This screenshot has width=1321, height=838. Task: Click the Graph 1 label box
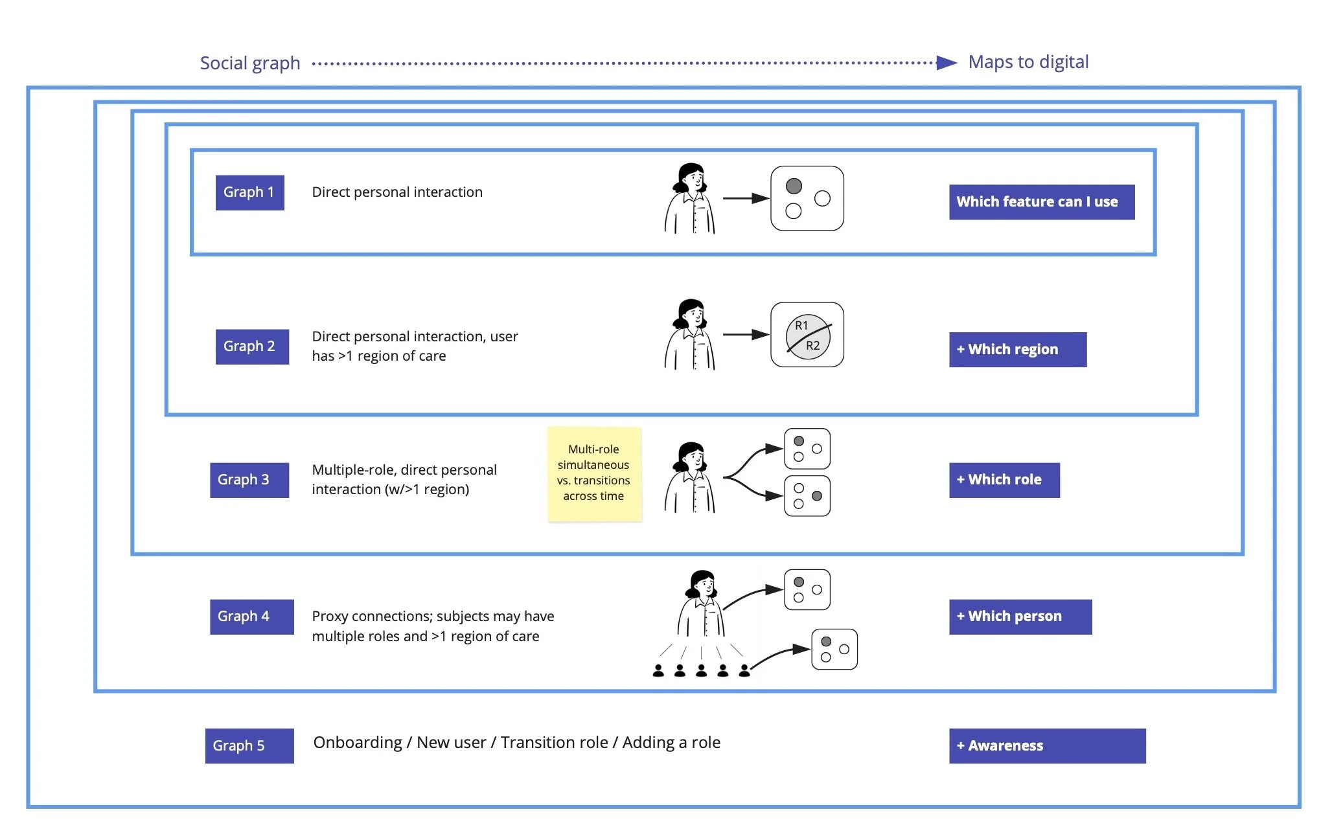coord(249,192)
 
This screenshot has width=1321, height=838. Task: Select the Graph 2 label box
coord(252,346)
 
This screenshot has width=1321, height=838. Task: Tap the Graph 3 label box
coord(249,480)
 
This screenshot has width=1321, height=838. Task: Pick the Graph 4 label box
coord(251,617)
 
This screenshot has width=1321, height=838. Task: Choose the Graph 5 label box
coord(249,746)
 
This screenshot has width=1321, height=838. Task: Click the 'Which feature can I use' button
coord(1042,202)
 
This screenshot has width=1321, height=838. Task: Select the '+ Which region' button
coord(1018,350)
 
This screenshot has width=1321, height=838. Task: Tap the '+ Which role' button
coord(1004,480)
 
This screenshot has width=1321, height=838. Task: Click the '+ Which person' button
coord(1020,617)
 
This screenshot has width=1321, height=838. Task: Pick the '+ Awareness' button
coord(1047,746)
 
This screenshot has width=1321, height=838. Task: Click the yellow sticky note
coord(594,473)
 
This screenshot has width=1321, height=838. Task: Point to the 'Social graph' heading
coord(250,63)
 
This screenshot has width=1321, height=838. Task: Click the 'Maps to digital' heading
coord(1028,62)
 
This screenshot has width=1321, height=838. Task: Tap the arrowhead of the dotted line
coord(947,63)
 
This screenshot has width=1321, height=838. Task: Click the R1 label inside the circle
coord(801,325)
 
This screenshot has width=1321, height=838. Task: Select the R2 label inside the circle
coord(812,346)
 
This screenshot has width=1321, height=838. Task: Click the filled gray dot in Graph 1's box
coord(794,187)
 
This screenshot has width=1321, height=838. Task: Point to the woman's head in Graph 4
coord(702,584)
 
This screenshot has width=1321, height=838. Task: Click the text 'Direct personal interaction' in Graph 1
coord(397,192)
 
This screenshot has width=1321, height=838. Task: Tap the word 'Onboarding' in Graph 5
coord(358,743)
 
